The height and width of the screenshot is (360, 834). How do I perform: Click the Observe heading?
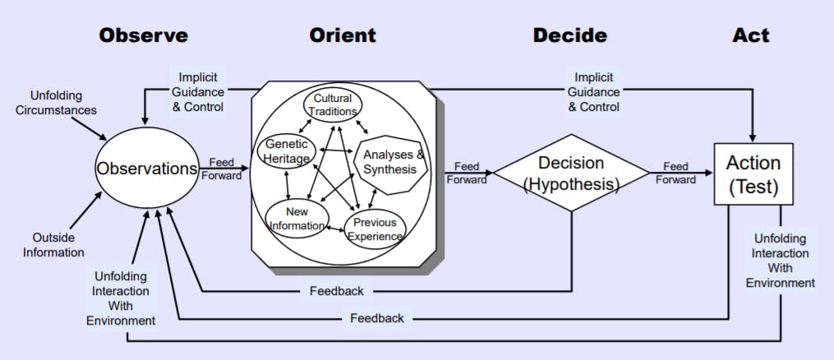[143, 35]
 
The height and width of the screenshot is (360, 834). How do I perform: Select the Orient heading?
[343, 35]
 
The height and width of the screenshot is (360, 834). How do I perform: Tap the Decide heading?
[569, 35]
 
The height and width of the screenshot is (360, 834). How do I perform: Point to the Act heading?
[751, 35]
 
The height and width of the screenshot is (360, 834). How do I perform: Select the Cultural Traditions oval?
[332, 105]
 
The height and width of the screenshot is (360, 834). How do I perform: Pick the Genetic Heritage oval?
[287, 152]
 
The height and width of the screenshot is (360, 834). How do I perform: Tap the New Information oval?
[297, 218]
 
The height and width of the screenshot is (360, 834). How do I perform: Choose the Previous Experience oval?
[376, 229]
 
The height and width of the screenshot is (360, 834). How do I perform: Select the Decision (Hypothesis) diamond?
[570, 173]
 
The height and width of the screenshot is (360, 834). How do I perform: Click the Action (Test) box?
[753, 174]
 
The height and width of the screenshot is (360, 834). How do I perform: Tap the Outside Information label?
[53, 244]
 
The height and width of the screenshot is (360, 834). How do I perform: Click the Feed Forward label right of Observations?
[224, 168]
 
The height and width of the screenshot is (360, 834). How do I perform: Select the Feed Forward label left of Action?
[675, 173]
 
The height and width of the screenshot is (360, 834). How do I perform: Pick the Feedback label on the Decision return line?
[337, 291]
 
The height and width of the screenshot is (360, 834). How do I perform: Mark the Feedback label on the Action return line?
[376, 317]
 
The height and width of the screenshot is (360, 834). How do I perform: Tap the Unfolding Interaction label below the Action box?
[780, 261]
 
